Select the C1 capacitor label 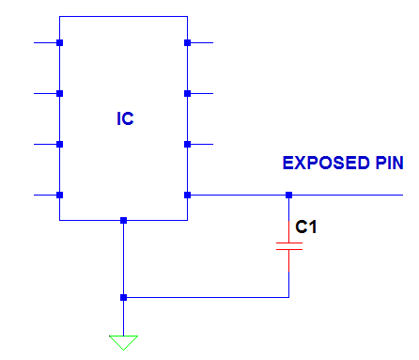(x=306, y=227)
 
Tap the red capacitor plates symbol (x=288, y=246)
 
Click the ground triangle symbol (x=123, y=341)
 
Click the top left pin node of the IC (x=59, y=43)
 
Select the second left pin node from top (x=59, y=94)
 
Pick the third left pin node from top (x=59, y=145)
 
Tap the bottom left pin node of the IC (x=59, y=196)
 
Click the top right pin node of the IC (x=188, y=43)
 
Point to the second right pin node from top (x=188, y=94)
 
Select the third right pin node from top (x=188, y=145)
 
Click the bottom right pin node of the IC (x=188, y=196)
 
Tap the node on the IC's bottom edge (x=123, y=221)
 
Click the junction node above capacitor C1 (x=288, y=196)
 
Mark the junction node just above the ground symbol (x=123, y=298)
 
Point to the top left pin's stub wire (x=45, y=43)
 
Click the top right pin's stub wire (x=202, y=43)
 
